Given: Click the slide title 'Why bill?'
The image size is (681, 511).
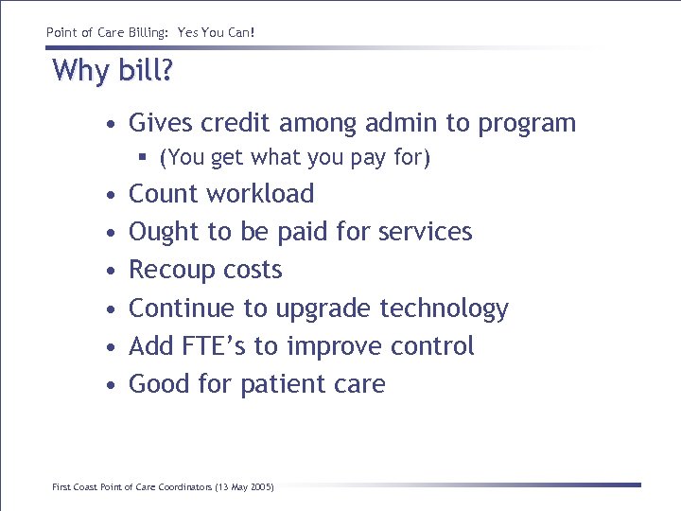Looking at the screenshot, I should click(113, 71).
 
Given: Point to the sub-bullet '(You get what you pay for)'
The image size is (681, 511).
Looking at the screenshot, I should click(295, 158).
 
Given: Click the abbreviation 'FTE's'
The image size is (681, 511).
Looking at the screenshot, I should click(212, 346).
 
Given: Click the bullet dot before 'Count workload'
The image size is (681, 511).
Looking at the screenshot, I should click(112, 195).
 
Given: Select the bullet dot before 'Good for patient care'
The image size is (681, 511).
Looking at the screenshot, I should click(112, 386).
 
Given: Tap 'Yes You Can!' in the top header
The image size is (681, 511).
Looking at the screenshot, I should click(222, 33).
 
